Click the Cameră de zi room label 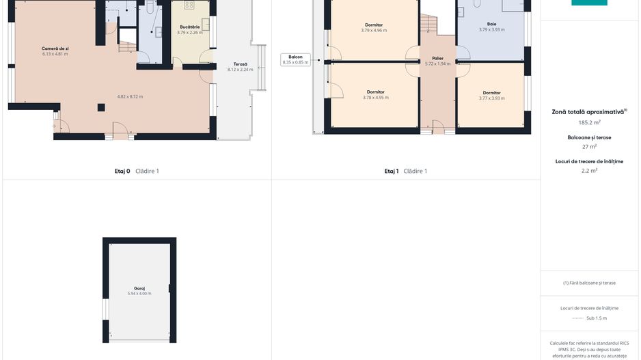tap(55, 49)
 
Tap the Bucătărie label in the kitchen tap(190, 27)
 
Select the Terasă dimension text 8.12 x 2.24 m tap(241, 70)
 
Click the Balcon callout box tap(295, 59)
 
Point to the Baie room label tap(491, 24)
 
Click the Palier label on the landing tap(437, 59)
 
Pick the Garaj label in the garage tap(139, 288)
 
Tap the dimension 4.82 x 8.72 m tap(130, 97)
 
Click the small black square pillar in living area tap(101, 107)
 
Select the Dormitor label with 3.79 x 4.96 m tap(374, 25)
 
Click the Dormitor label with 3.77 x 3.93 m tap(491, 93)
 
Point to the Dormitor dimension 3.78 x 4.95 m tap(376, 98)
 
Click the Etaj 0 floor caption tap(122, 171)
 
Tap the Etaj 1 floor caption tap(392, 171)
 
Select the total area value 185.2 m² tap(589, 122)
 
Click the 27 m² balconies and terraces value tap(589, 147)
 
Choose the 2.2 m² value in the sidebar tap(589, 171)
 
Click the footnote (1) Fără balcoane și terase tap(589, 283)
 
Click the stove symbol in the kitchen tap(189, 5)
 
